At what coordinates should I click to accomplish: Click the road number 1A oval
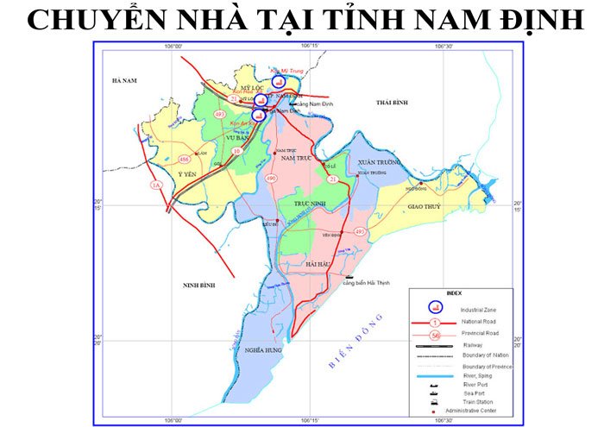(x=156, y=185)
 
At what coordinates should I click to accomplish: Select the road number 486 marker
(x=183, y=160)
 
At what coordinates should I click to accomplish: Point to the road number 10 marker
(x=236, y=151)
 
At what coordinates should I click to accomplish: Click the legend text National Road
(x=480, y=321)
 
